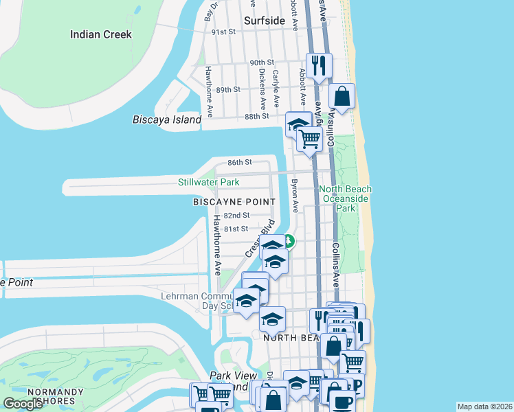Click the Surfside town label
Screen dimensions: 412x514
(264, 21)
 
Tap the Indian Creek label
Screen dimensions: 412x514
(100, 34)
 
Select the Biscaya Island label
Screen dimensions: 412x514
(167, 119)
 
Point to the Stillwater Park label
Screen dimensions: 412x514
(209, 182)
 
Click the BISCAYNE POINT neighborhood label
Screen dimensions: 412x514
(234, 202)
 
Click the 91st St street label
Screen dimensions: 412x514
(223, 32)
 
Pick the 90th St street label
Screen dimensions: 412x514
(262, 62)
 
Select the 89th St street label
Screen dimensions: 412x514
(227, 90)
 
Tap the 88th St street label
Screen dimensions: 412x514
(256, 117)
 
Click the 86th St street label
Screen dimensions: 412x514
(240, 162)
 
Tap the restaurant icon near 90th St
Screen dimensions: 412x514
(319, 65)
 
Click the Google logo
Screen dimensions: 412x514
(23, 404)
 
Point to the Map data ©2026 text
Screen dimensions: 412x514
(484, 407)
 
